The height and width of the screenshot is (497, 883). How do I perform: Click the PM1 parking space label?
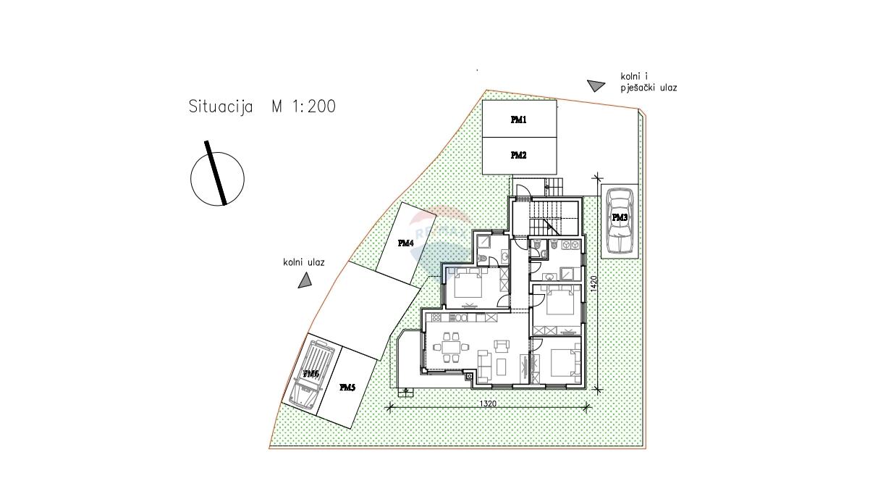pyautogui.click(x=518, y=120)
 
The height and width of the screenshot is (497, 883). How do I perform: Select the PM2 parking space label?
pyautogui.click(x=518, y=156)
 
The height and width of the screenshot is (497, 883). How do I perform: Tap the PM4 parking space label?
pyautogui.click(x=405, y=243)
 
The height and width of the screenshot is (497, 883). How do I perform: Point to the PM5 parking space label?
pyautogui.click(x=347, y=388)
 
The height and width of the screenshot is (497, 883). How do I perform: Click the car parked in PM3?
pyautogui.click(x=620, y=221)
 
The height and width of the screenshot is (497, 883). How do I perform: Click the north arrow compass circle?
pyautogui.click(x=217, y=179)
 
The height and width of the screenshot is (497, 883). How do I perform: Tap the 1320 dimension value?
pyautogui.click(x=488, y=404)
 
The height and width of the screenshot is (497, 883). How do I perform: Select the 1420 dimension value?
pyautogui.click(x=594, y=283)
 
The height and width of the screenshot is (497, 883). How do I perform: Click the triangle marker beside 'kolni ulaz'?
pyautogui.click(x=304, y=281)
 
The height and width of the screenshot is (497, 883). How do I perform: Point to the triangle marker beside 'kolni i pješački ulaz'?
pyautogui.click(x=596, y=85)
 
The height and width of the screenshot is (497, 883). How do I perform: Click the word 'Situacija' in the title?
pyautogui.click(x=221, y=106)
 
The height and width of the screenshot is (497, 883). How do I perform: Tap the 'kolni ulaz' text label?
pyautogui.click(x=303, y=262)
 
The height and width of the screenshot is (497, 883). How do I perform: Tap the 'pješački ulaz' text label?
pyautogui.click(x=648, y=88)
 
